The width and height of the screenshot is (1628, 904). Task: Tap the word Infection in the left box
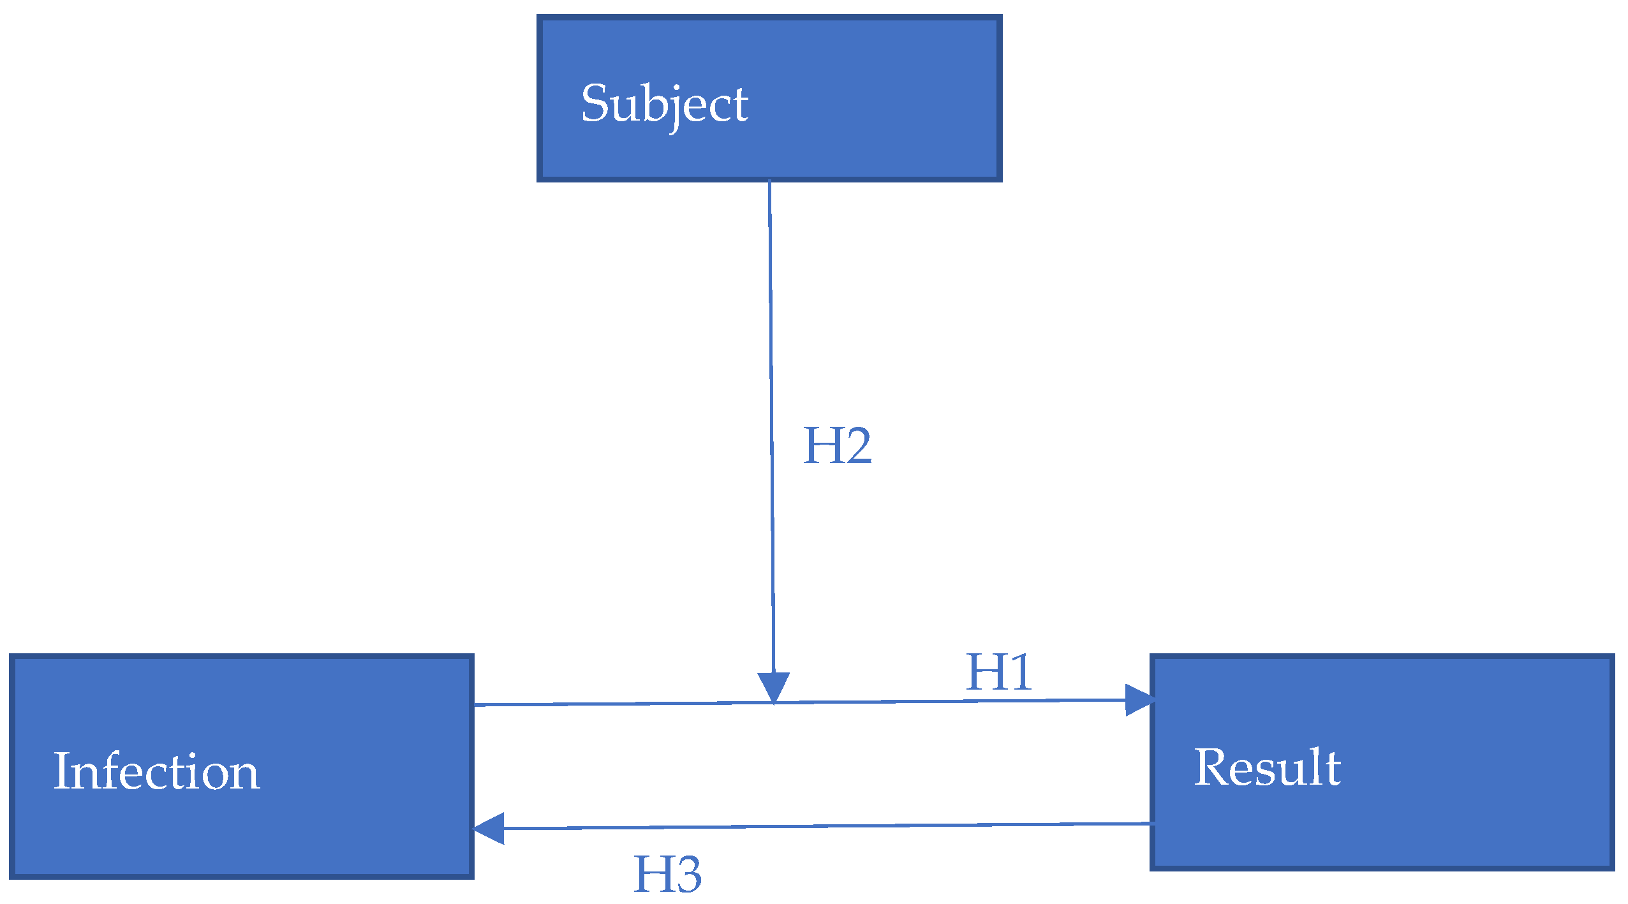156,771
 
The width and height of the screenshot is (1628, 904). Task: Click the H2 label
836,446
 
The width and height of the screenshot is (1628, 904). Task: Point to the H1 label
998,672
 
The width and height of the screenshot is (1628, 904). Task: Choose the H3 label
667,875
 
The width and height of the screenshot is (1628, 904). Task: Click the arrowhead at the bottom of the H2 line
774,687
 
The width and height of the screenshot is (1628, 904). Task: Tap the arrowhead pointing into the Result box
1139,700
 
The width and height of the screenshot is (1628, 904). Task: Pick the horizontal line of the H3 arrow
829,826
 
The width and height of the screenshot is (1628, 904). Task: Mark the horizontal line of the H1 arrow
638,704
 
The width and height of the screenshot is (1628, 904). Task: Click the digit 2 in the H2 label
856,446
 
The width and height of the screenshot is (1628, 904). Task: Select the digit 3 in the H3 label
686,875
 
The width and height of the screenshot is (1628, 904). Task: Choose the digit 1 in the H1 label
1019,672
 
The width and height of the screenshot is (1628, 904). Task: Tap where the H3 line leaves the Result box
1152,824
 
